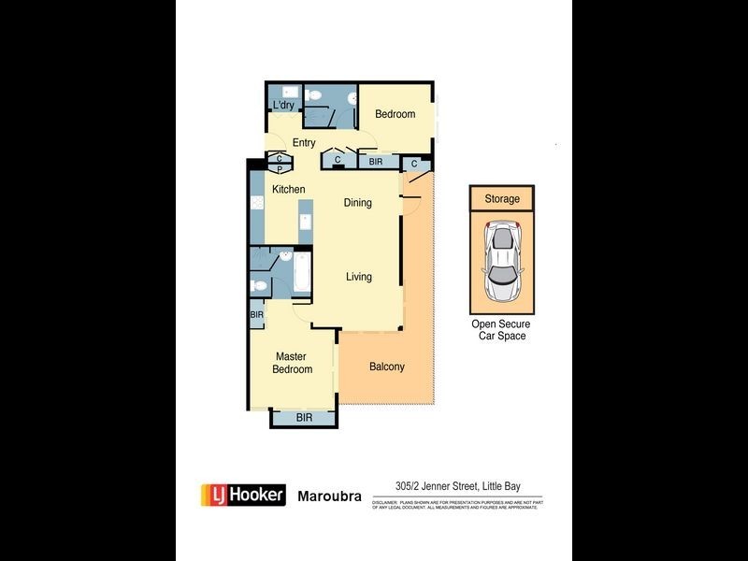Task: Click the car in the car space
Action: (x=501, y=263)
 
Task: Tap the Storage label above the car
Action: (x=501, y=198)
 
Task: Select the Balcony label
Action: (x=386, y=367)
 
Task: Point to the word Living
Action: (x=358, y=277)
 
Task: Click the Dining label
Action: (x=357, y=203)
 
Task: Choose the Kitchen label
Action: (x=288, y=190)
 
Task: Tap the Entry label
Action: (x=304, y=143)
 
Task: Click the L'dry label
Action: (x=283, y=106)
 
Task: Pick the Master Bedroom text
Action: (x=292, y=363)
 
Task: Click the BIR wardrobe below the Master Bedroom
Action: (x=304, y=418)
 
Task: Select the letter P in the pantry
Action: (x=279, y=169)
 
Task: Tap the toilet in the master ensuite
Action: (x=256, y=286)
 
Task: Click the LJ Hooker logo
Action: (x=243, y=495)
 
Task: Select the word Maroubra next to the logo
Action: (x=330, y=496)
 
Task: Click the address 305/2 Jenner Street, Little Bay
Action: (x=456, y=485)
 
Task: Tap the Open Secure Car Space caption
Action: (x=500, y=329)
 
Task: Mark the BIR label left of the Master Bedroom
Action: (x=256, y=315)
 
